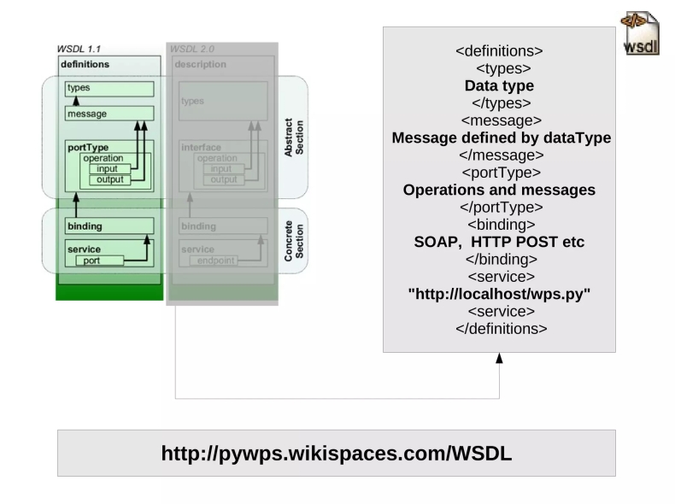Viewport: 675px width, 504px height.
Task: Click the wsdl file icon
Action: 639,34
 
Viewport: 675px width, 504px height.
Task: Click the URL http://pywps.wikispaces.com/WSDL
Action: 336,453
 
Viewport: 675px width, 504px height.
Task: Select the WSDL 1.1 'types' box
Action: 109,88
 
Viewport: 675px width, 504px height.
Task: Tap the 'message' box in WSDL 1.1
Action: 109,113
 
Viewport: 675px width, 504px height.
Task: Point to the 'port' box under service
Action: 99,261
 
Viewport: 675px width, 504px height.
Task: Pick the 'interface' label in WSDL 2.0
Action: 201,147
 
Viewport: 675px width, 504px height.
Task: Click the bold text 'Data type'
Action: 499,85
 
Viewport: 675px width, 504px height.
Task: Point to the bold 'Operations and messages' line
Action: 499,190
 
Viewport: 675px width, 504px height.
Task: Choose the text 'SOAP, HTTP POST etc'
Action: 499,242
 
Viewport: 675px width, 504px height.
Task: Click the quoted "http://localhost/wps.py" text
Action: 499,294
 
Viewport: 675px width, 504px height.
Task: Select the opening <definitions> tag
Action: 499,51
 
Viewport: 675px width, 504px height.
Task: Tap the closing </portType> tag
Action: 499,207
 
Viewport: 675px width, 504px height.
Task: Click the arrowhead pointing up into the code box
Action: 499,359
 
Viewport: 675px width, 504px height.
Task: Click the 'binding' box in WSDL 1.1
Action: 109,226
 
